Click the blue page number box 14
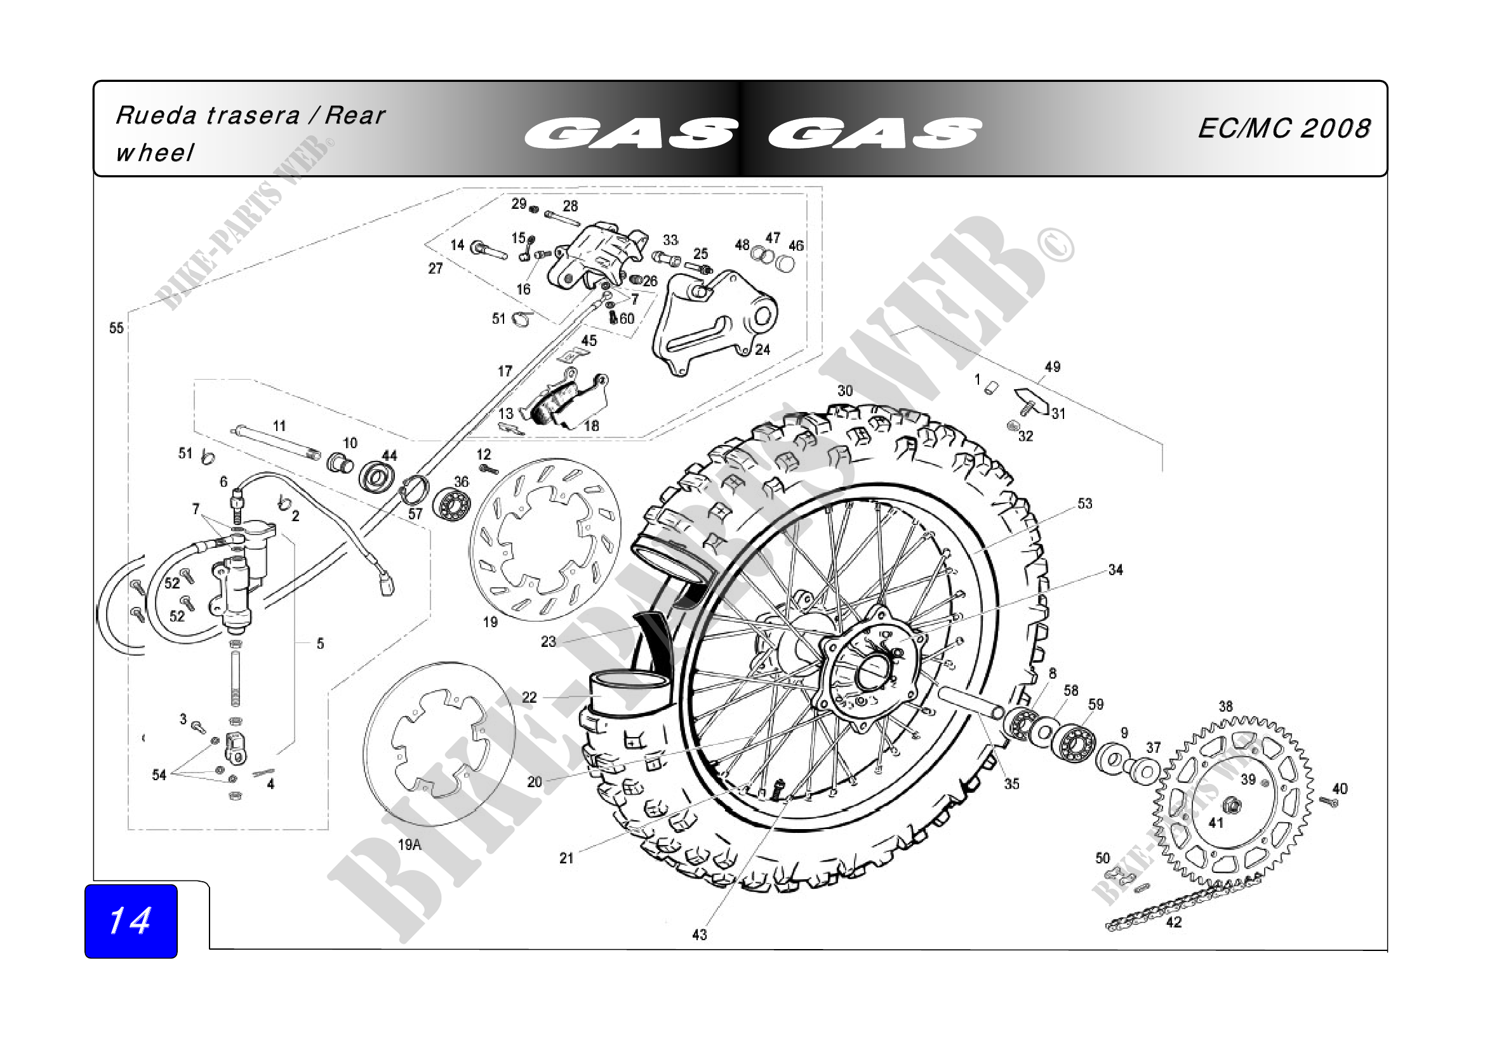[131, 920]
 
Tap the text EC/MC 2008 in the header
[1284, 129]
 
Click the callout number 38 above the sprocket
[1225, 707]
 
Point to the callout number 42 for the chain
[1174, 922]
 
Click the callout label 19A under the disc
[410, 844]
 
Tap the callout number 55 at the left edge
[116, 328]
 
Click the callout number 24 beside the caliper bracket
[762, 350]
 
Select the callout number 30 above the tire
[844, 391]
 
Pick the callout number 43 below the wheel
[699, 935]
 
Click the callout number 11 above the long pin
[279, 426]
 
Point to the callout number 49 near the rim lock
[1052, 366]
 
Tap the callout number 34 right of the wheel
[1115, 570]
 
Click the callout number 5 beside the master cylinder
[320, 644]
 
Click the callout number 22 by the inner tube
[529, 698]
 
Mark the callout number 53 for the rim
[1084, 503]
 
